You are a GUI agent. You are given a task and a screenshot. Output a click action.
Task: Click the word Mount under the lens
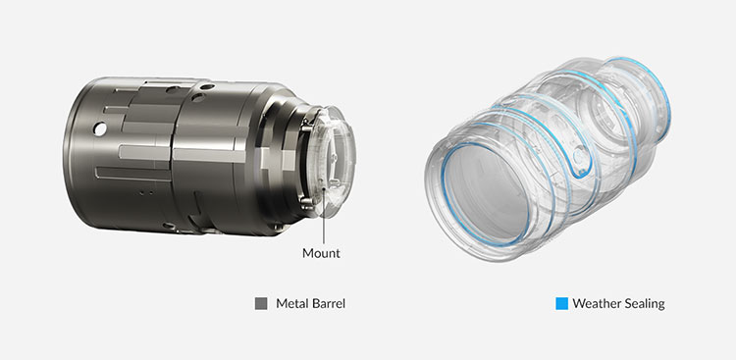321,253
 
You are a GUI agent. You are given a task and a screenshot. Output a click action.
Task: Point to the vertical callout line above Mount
324,216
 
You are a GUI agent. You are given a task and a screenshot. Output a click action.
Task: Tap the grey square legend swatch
261,304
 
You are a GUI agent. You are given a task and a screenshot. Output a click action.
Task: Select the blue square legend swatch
562,304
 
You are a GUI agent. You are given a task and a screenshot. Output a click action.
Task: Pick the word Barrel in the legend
327,304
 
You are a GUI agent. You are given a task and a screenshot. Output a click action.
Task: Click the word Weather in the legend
595,304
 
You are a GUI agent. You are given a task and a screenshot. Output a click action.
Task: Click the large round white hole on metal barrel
99,129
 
